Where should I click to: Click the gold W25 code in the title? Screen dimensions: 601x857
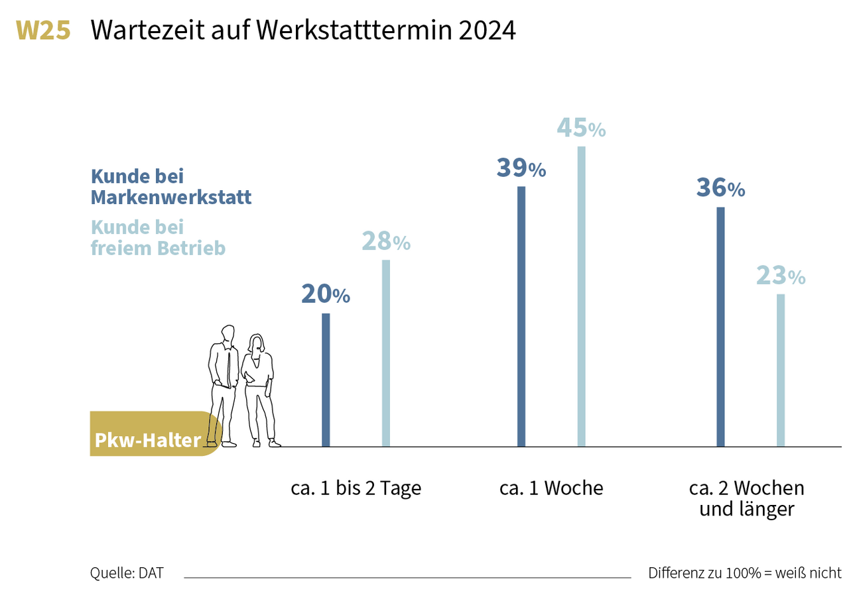pyautogui.click(x=43, y=30)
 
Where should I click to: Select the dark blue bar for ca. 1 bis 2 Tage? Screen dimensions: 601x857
pyautogui.click(x=326, y=380)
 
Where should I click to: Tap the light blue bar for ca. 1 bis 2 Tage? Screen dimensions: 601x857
pyautogui.click(x=386, y=353)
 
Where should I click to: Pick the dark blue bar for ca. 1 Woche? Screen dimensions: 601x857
pyautogui.click(x=521, y=316)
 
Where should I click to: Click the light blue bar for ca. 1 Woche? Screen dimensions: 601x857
pyautogui.click(x=582, y=296)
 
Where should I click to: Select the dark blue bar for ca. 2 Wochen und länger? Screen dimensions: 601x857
pyautogui.click(x=721, y=327)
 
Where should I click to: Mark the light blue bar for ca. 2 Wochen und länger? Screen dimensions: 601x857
pyautogui.click(x=781, y=370)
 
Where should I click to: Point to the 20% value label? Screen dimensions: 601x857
pyautogui.click(x=325, y=294)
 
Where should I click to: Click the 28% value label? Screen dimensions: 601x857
pyautogui.click(x=385, y=242)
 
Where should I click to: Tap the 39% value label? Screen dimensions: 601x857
pyautogui.click(x=521, y=168)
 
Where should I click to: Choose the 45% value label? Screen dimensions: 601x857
pyautogui.click(x=581, y=128)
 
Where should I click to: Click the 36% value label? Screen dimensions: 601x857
pyautogui.click(x=720, y=188)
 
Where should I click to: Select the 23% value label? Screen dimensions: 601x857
pyautogui.click(x=781, y=276)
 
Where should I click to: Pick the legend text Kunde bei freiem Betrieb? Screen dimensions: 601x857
pyautogui.click(x=158, y=237)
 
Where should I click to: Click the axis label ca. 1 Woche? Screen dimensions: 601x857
pyautogui.click(x=551, y=489)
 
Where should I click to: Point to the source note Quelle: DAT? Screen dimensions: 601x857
pyautogui.click(x=126, y=573)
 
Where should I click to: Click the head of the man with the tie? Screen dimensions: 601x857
pyautogui.click(x=228, y=333)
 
